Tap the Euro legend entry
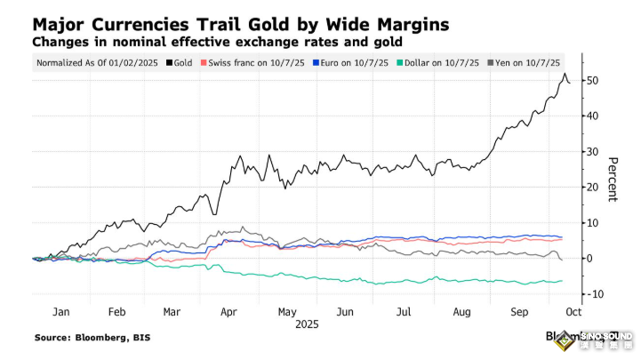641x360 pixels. click(x=340, y=63)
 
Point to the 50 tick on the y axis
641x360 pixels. click(x=592, y=81)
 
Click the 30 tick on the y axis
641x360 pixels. click(x=592, y=152)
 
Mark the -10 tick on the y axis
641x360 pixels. click(x=594, y=294)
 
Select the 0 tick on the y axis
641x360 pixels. click(x=589, y=259)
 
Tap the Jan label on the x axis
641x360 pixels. click(x=60, y=313)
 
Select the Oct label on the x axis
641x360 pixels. click(x=573, y=313)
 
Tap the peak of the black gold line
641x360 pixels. click(x=565, y=75)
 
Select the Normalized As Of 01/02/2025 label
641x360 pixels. click(x=96, y=63)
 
